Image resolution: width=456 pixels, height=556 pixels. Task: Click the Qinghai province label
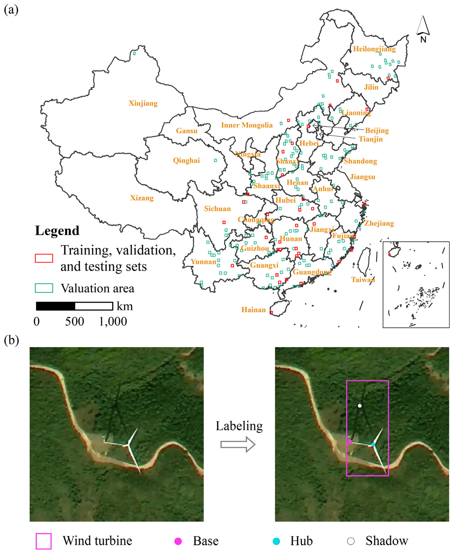click(x=186, y=160)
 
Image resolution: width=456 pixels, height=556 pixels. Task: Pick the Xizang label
click(x=142, y=198)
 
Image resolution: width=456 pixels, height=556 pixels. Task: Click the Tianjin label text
click(x=371, y=139)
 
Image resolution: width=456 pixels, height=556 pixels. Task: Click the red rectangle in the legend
click(x=44, y=258)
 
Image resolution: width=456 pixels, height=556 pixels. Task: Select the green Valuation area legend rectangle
click(x=44, y=288)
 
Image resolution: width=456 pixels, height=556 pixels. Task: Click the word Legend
click(x=57, y=231)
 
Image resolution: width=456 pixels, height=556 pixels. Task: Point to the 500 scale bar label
click(x=75, y=321)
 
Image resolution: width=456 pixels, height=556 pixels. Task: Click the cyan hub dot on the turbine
click(x=373, y=444)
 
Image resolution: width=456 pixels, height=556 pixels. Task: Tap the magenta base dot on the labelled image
click(x=350, y=442)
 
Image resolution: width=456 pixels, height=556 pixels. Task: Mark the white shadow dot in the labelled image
click(x=360, y=406)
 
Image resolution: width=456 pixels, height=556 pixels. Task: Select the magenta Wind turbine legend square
click(x=44, y=541)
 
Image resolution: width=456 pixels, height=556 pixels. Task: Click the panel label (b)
click(x=11, y=340)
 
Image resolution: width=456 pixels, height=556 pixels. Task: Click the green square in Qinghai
click(x=215, y=160)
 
